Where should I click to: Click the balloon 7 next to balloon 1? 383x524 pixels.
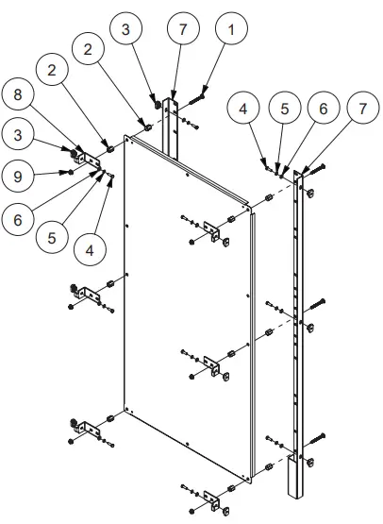(x=183, y=28)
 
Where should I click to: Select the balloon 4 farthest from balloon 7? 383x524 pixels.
(x=89, y=251)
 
